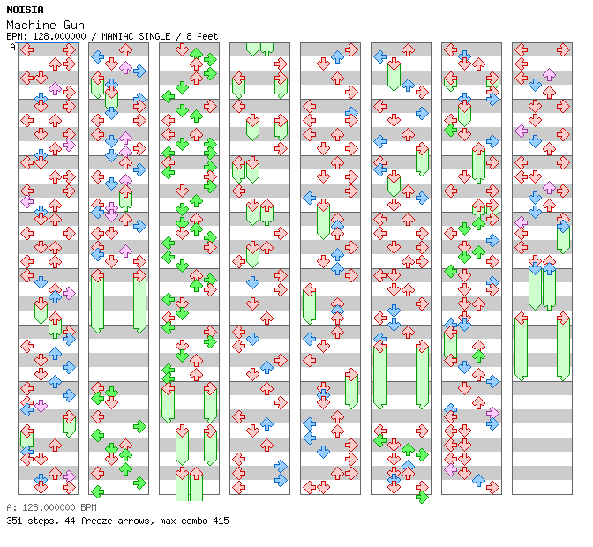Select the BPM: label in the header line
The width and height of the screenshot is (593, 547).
pyautogui.click(x=16, y=36)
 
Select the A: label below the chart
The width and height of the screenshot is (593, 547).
pyautogui.click(x=11, y=508)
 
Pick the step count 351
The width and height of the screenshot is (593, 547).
pyautogui.click(x=13, y=521)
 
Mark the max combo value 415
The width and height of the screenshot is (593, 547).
pyautogui.click(x=220, y=521)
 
